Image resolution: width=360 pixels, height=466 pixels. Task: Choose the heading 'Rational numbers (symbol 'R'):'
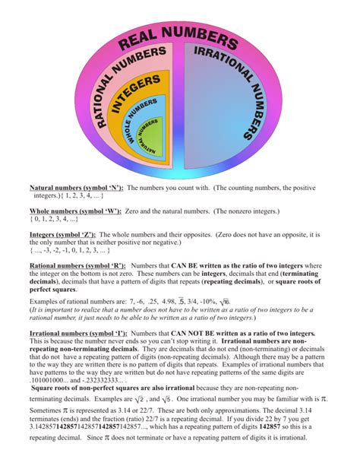coord(77,265)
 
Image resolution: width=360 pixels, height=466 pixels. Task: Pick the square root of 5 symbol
coord(181,399)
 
